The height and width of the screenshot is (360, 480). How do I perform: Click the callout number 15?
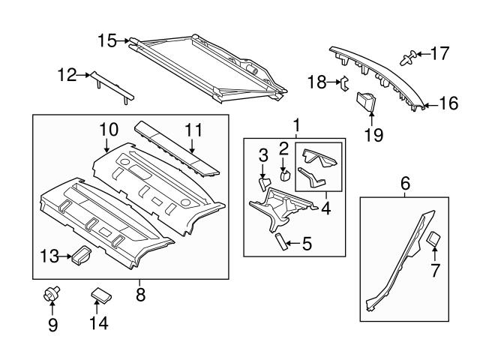tap(107, 40)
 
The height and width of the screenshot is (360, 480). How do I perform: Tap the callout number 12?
tap(67, 74)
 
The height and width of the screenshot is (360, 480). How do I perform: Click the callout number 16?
tap(448, 104)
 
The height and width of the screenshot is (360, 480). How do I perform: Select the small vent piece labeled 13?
tap(79, 256)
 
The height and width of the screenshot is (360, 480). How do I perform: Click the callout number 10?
tap(107, 129)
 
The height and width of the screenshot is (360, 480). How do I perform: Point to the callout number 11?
tap(193, 129)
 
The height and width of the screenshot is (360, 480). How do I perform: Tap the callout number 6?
tap(405, 182)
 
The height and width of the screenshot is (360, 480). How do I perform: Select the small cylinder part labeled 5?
tap(279, 241)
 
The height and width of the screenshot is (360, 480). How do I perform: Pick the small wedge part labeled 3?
tap(265, 182)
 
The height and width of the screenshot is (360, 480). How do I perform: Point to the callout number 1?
tap(296, 124)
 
